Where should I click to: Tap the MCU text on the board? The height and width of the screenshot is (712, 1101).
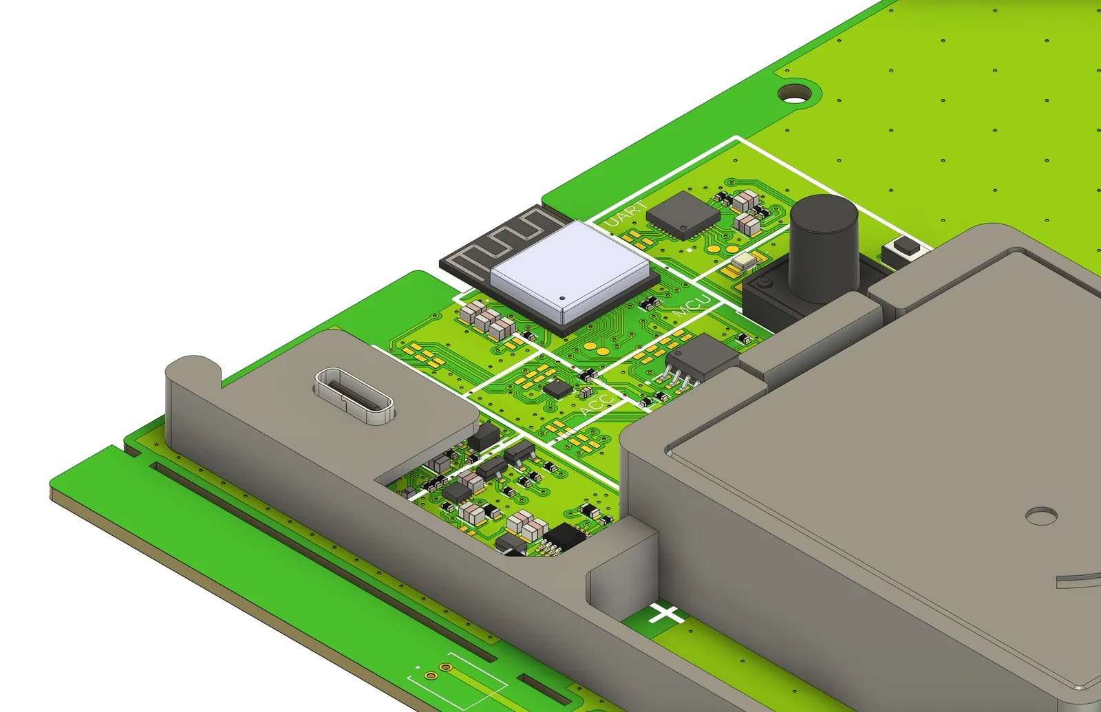pos(692,305)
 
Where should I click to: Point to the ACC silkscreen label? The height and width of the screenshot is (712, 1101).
pos(597,404)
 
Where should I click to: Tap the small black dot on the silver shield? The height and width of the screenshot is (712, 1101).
pos(562,299)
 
